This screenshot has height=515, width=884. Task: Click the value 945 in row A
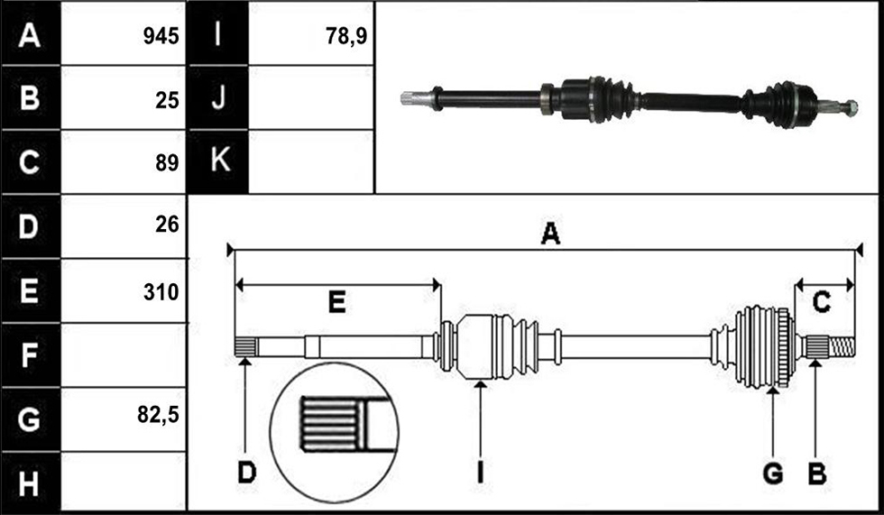[161, 36]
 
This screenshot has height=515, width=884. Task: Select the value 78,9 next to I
[346, 36]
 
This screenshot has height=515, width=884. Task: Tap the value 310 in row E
[161, 292]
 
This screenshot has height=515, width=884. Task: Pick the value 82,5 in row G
[158, 415]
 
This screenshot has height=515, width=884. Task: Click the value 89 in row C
[167, 163]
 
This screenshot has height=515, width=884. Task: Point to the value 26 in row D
[167, 225]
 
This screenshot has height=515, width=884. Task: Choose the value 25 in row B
[167, 100]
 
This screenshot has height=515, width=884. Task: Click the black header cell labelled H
[31, 483]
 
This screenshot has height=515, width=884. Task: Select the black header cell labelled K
[218, 161]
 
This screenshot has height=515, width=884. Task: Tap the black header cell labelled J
[218, 97]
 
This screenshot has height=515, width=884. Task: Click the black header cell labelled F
[31, 354]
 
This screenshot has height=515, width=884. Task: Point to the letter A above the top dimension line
[550, 234]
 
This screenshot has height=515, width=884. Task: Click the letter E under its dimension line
[336, 302]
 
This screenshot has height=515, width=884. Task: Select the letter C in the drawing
[821, 302]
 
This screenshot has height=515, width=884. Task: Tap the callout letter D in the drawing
[247, 473]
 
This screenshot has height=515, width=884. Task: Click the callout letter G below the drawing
[773, 474]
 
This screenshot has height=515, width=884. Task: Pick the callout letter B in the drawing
[817, 474]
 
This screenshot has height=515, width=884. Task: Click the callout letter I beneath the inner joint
[480, 473]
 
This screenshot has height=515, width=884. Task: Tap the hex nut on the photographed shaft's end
[852, 107]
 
